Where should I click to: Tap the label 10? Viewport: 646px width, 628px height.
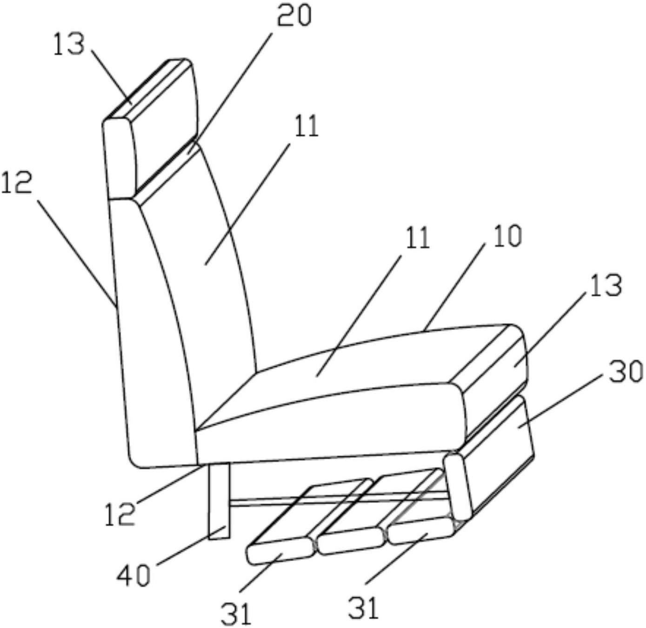[507, 237]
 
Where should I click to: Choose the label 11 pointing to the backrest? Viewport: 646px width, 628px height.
[307, 126]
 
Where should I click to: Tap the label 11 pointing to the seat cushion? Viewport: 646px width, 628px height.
[418, 238]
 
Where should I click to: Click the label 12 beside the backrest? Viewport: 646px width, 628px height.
[17, 182]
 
